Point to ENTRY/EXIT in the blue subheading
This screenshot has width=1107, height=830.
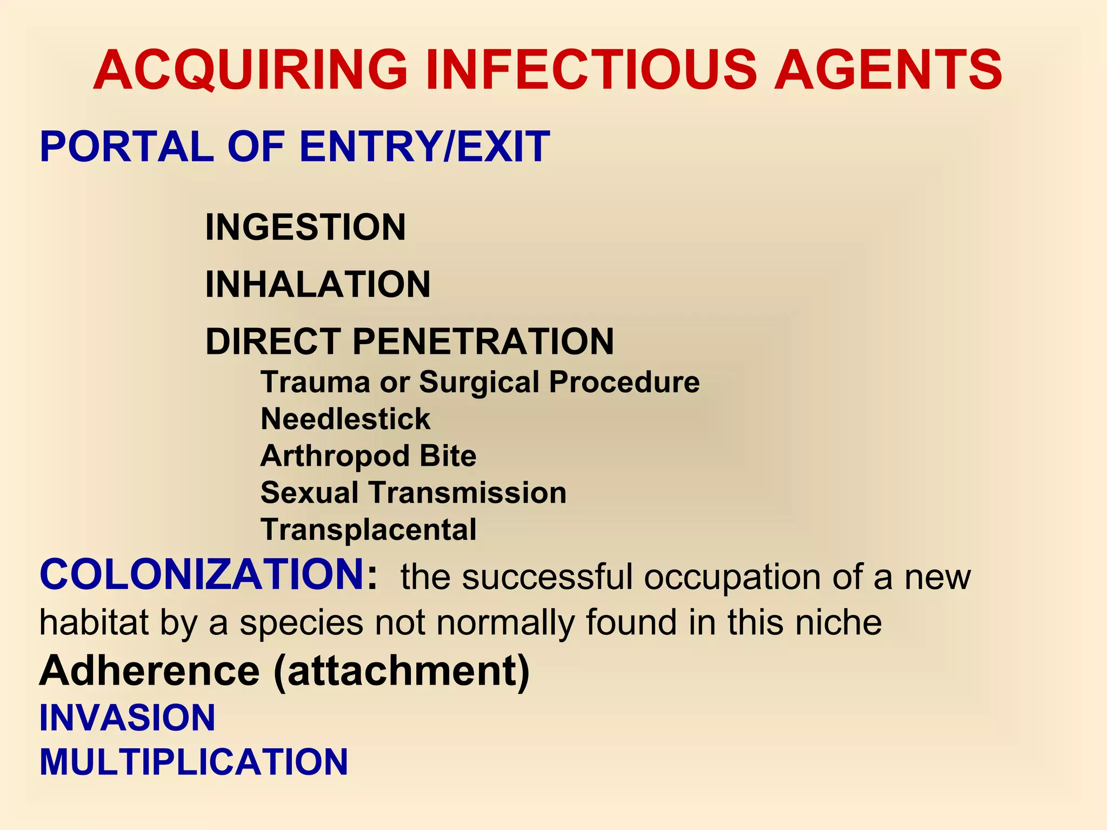point(424,146)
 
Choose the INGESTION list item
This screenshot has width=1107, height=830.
point(305,227)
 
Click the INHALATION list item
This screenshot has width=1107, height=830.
point(318,284)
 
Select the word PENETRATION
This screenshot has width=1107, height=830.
point(483,342)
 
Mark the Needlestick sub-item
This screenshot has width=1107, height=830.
point(345,419)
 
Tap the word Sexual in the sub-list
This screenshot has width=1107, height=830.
point(309,493)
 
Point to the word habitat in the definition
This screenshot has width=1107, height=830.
point(94,622)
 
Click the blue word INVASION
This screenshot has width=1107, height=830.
point(128,718)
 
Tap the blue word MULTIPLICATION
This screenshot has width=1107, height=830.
point(194,762)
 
